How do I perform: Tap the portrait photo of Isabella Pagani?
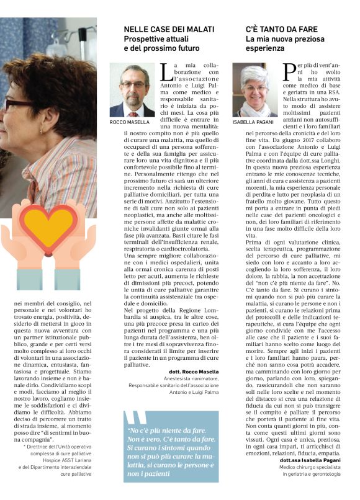[x=254, y=89]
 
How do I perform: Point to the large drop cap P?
[x=289, y=72]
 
